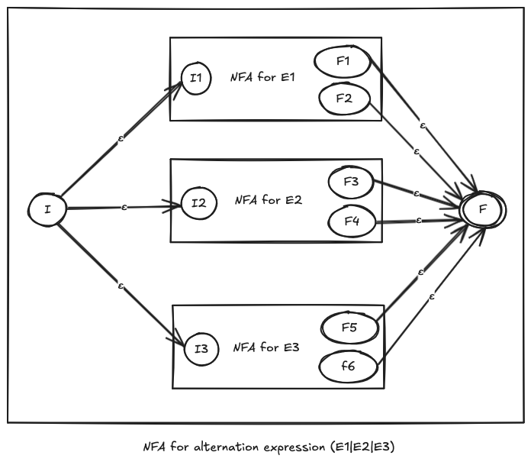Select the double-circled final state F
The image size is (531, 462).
click(x=483, y=207)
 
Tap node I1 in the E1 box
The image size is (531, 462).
click(x=196, y=79)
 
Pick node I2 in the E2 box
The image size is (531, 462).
click(x=198, y=204)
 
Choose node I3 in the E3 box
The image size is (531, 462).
click(x=201, y=349)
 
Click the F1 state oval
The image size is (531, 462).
click(x=343, y=62)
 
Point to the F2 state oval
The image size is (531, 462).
click(x=343, y=98)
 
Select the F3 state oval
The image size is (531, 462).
click(x=350, y=183)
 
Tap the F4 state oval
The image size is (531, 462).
click(x=350, y=222)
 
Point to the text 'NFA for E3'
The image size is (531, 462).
click(x=266, y=347)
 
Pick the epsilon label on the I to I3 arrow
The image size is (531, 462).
click(x=121, y=286)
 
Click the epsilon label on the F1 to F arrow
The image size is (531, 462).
click(x=422, y=124)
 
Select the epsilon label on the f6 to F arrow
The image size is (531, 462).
click(x=432, y=296)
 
